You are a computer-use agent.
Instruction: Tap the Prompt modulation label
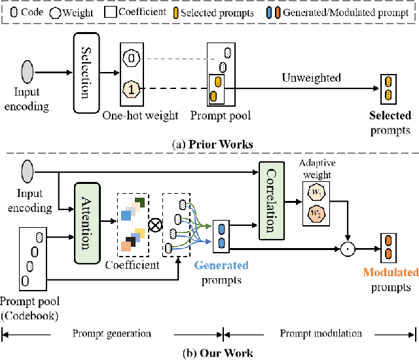321,333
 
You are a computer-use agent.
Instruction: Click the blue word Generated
221,266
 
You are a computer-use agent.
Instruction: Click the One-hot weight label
140,116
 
